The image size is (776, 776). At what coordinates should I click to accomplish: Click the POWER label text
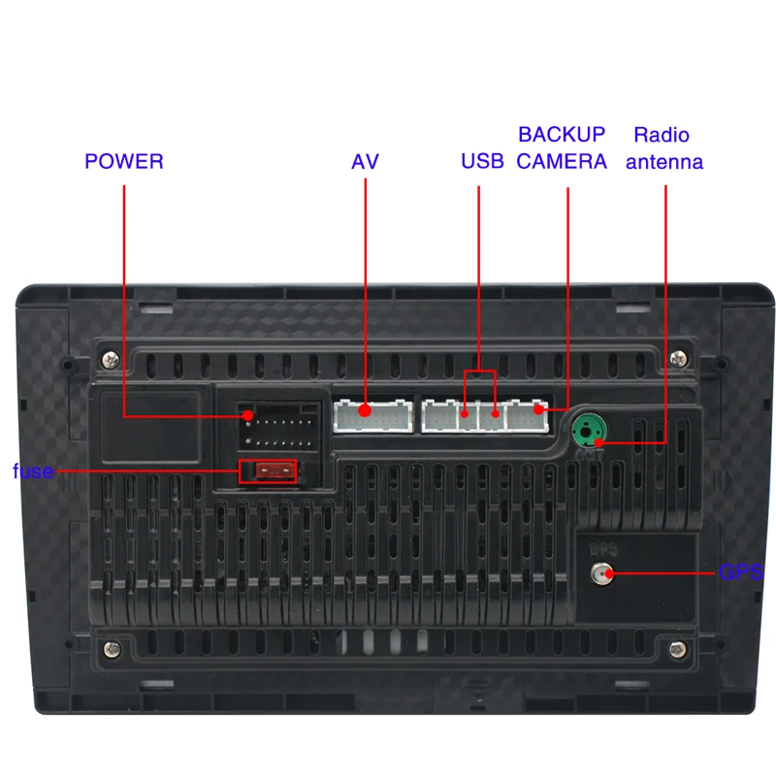(x=124, y=161)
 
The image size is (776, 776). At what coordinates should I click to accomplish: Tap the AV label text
(x=365, y=161)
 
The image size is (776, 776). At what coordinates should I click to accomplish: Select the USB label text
(x=482, y=161)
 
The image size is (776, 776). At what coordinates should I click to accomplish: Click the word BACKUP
(x=561, y=135)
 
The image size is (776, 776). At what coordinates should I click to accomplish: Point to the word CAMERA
(x=561, y=161)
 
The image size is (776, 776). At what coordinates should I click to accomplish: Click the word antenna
(x=663, y=162)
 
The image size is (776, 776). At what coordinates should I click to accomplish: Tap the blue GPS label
(x=740, y=572)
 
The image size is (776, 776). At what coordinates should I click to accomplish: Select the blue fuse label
(x=32, y=472)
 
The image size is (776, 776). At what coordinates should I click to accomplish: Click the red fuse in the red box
(x=268, y=471)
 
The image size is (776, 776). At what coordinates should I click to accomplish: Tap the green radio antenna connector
(x=587, y=428)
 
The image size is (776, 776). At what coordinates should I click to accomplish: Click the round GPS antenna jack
(x=600, y=572)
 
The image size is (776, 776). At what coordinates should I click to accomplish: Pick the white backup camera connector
(x=528, y=416)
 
